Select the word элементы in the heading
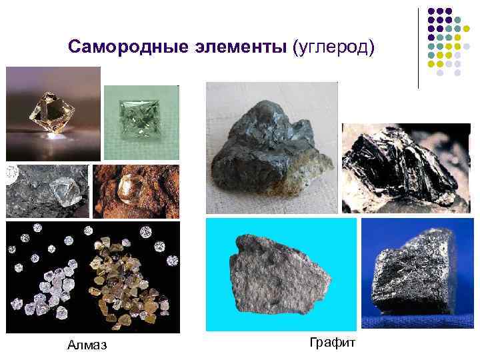(x=233, y=48)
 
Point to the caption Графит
(x=333, y=342)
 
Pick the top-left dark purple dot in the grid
(x=431, y=12)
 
